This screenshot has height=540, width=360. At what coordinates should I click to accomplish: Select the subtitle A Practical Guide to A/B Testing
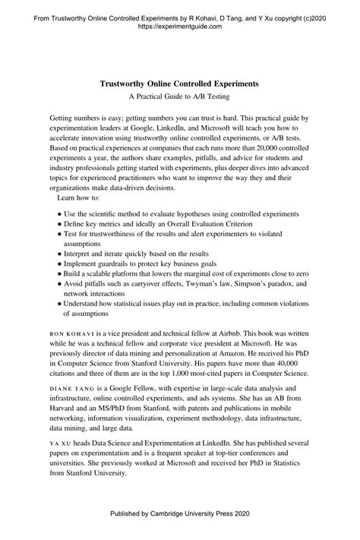(179, 96)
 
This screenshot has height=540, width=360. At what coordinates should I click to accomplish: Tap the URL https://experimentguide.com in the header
(179, 25)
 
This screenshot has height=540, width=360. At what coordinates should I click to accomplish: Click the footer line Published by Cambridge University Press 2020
(179, 514)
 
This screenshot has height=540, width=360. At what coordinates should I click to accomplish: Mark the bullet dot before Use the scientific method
(59, 215)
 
